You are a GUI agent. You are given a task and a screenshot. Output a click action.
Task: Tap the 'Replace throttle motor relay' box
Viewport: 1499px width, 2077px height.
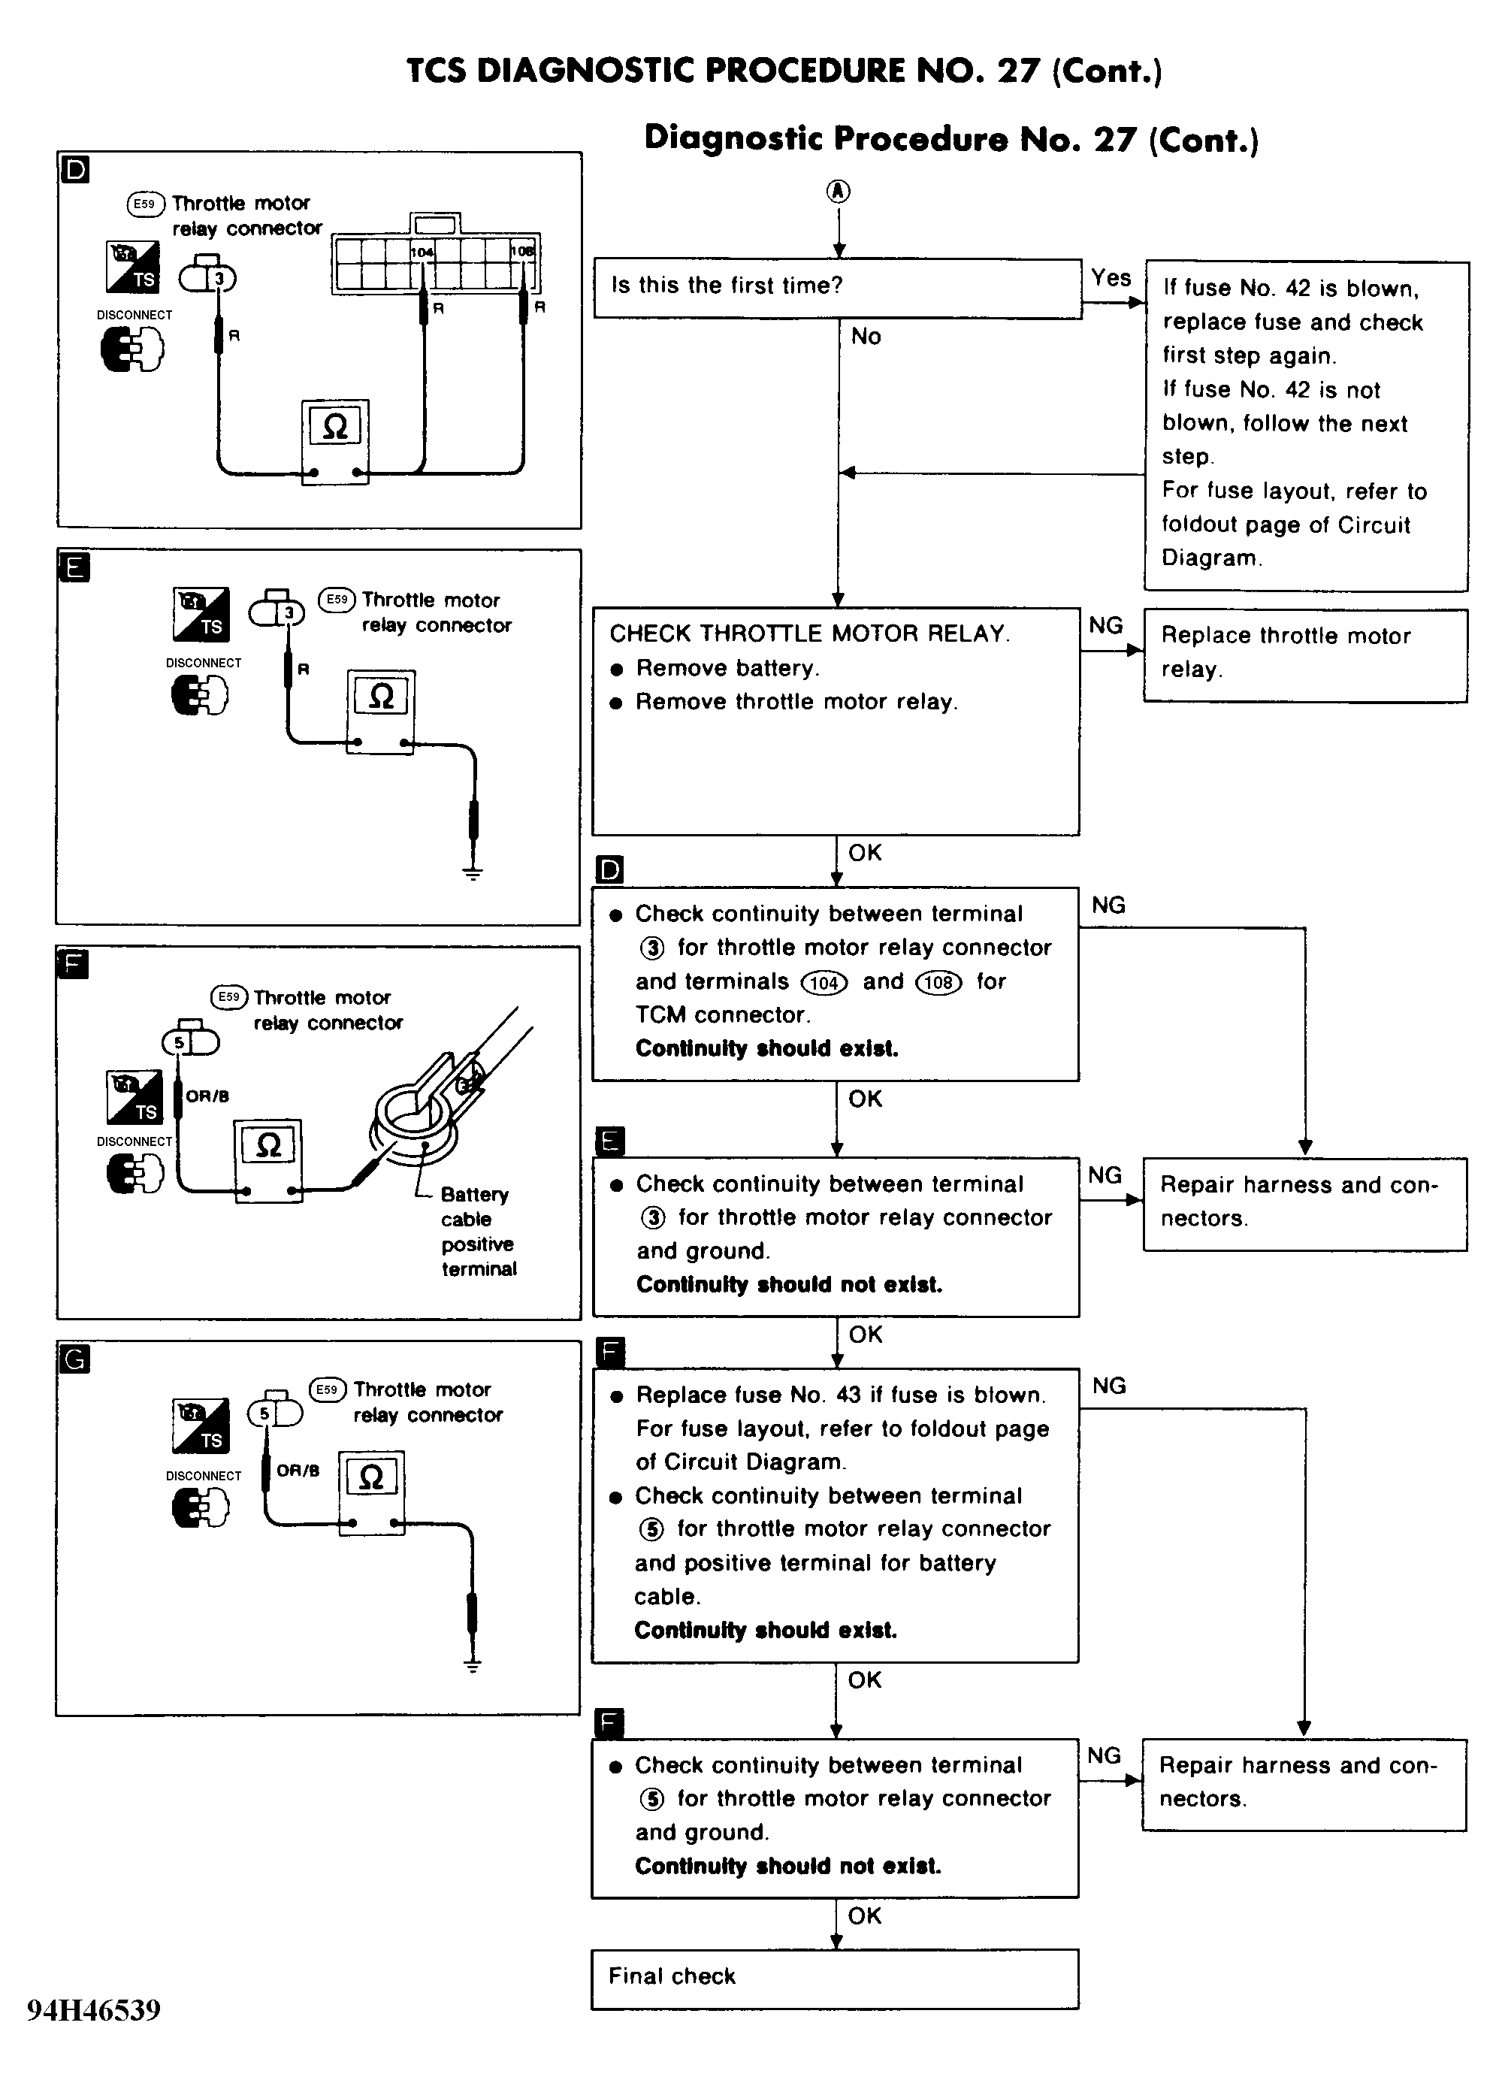point(1305,655)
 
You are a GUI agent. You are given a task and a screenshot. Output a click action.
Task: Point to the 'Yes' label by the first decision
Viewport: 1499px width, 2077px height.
point(1111,277)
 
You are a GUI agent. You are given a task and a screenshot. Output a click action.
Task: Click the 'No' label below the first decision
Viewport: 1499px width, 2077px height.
point(866,336)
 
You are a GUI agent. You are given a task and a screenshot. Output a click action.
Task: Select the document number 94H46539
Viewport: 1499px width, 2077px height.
point(95,2009)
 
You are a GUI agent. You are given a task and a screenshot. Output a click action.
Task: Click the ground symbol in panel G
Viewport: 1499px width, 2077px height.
point(473,1665)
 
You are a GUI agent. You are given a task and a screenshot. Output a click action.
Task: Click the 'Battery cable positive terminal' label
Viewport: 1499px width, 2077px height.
point(477,1232)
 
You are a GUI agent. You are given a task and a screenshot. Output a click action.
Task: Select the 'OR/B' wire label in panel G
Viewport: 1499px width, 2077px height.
point(298,1471)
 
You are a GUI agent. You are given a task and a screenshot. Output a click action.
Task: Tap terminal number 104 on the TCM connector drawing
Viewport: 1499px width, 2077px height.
point(422,252)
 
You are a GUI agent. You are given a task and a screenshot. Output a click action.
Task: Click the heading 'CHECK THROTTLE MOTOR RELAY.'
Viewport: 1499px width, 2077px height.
point(809,633)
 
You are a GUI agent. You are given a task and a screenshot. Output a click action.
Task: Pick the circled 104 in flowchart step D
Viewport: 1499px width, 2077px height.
point(824,983)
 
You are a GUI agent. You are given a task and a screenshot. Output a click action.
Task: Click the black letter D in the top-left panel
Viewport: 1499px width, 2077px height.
point(75,169)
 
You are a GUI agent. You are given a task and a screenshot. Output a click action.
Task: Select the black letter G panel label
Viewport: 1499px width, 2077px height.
point(74,1359)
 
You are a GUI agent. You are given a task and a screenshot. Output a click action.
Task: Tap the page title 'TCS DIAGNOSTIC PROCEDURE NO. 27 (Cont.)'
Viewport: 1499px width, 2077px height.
point(784,71)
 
